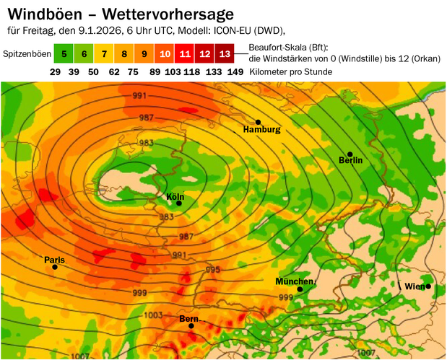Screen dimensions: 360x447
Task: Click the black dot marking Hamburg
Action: (258, 121)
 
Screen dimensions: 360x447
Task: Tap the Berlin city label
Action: (350, 160)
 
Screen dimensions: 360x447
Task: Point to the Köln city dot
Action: (178, 203)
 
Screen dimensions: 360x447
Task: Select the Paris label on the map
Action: (54, 259)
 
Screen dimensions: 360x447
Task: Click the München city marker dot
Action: (300, 289)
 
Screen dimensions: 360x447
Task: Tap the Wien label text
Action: (414, 286)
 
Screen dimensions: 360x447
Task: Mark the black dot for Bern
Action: (191, 326)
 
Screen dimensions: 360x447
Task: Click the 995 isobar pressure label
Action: (212, 269)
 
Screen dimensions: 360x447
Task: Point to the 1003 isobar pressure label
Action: (153, 315)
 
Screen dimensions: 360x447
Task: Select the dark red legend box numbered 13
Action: (225, 54)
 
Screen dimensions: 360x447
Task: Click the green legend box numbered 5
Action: (64, 54)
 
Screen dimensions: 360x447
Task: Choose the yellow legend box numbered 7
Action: (104, 54)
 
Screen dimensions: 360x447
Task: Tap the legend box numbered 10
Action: (165, 54)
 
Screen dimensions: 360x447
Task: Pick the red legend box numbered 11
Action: (185, 54)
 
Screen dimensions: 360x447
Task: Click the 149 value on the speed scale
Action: (235, 72)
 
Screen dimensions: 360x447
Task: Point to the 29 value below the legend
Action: (55, 72)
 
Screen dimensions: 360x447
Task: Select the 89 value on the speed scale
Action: (155, 72)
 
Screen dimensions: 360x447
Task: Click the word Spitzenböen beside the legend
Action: (26, 55)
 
